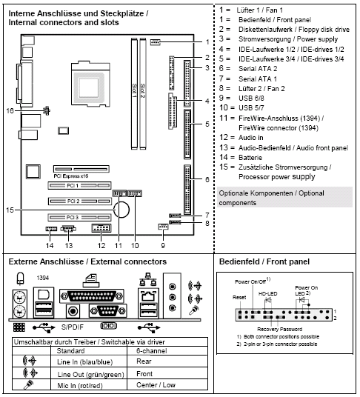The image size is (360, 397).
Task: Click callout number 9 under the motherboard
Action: tap(163, 245)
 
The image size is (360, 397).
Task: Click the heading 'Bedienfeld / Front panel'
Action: tap(263, 261)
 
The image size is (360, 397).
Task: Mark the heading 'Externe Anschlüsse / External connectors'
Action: tap(87, 261)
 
